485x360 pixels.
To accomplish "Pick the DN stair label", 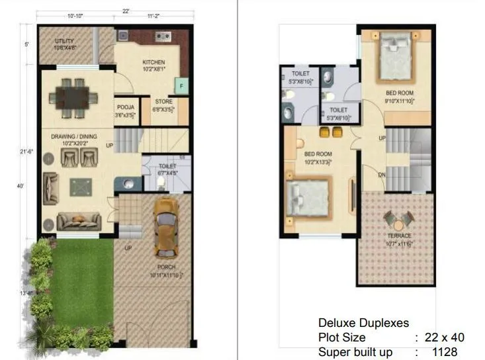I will [382, 175].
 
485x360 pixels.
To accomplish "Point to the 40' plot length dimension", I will [21, 186].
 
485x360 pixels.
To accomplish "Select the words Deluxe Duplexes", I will [363, 323].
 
